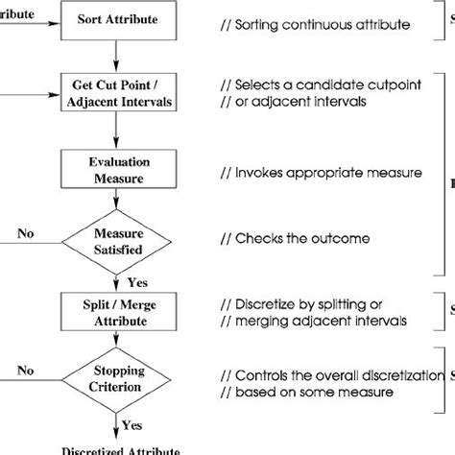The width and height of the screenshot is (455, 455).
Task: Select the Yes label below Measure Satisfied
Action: (137, 281)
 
